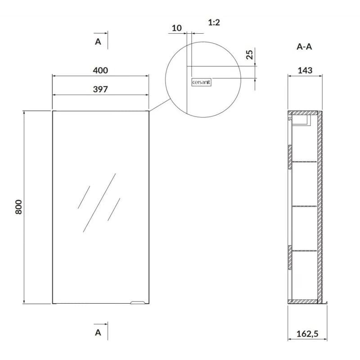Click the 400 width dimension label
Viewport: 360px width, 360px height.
(x=100, y=70)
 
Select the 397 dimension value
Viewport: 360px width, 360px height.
(x=100, y=89)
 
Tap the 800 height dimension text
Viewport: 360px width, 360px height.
(x=18, y=207)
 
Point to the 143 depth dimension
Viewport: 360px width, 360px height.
(x=305, y=70)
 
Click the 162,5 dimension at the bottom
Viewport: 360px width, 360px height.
(x=307, y=333)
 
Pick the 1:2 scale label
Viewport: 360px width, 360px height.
(x=214, y=22)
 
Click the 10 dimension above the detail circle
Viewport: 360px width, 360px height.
(x=176, y=28)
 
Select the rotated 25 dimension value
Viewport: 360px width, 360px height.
(x=249, y=54)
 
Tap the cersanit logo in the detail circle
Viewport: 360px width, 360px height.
(x=201, y=82)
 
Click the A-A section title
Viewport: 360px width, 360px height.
(x=304, y=47)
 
